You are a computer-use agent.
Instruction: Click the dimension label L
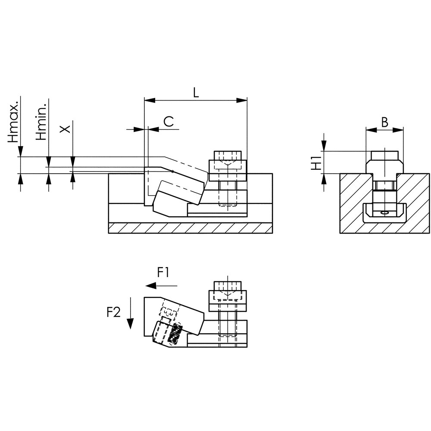(196, 93)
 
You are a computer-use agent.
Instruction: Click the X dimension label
(66, 128)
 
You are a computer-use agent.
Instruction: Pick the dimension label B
(385, 122)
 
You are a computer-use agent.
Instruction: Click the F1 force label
(163, 273)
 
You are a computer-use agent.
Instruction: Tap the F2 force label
(113, 312)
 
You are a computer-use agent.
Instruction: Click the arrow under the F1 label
(161, 286)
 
